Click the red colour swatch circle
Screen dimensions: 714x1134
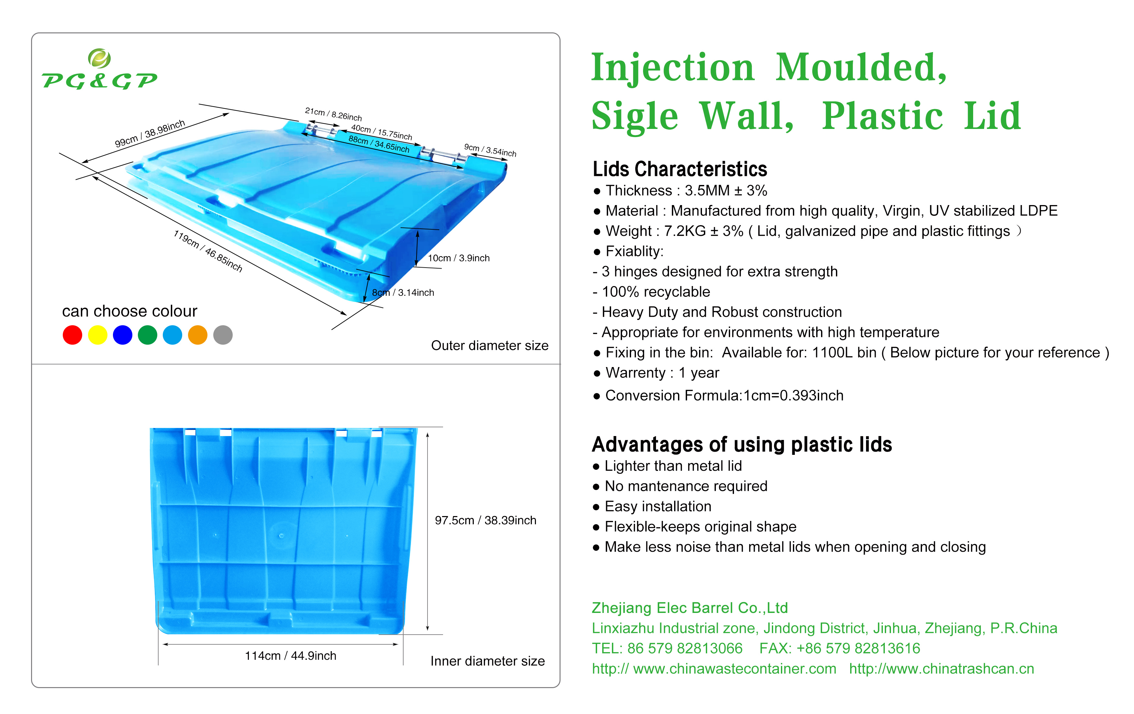[x=72, y=335]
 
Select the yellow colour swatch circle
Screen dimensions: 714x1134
[x=97, y=335]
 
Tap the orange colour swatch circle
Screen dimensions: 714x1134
[x=197, y=335]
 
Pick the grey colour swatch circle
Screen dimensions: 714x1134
[x=223, y=335]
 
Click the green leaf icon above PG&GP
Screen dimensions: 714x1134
[x=99, y=58]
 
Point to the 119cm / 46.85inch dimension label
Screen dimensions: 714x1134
[x=208, y=251]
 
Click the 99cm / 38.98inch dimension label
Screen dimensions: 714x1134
[x=150, y=133]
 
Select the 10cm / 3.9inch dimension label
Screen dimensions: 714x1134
[x=458, y=258]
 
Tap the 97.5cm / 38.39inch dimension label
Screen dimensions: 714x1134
[x=485, y=520]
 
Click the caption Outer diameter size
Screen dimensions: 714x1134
[x=489, y=345]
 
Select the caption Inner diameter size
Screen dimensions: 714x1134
[x=487, y=661]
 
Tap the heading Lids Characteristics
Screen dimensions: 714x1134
[x=680, y=169]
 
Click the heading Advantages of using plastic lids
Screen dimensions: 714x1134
[x=742, y=444]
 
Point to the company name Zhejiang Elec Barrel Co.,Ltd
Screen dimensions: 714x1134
[x=689, y=608]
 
